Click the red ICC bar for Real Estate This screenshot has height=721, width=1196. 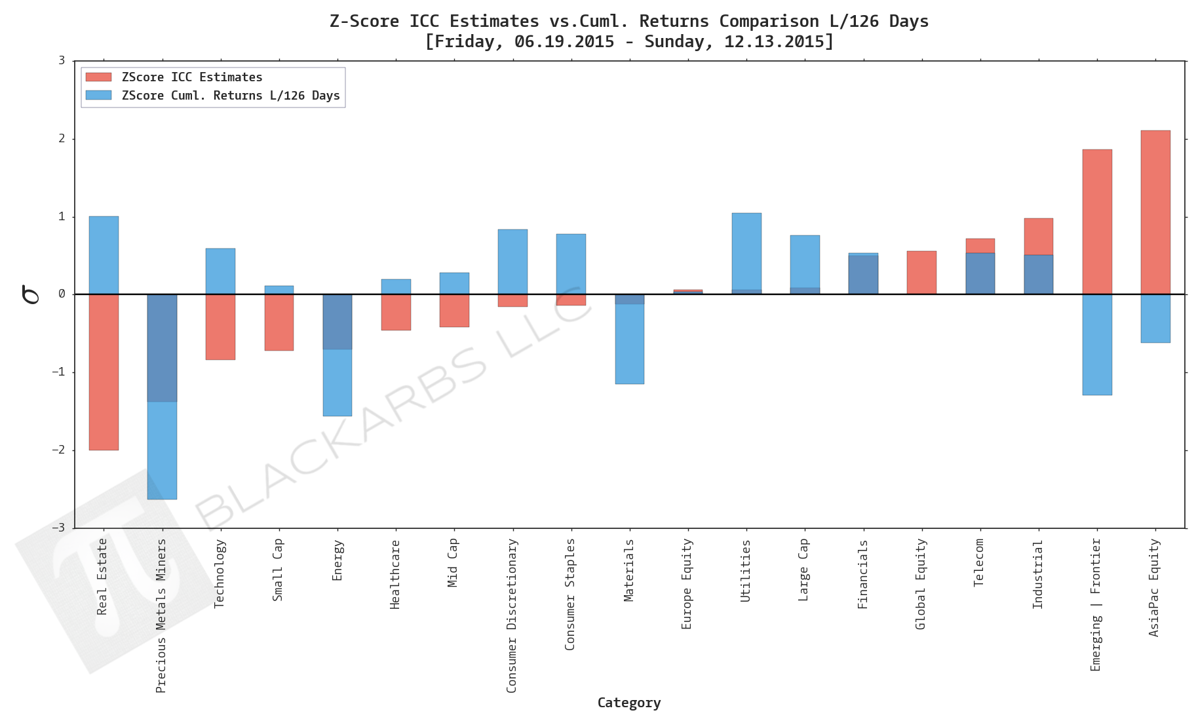pos(104,372)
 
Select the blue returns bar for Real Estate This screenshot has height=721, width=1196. pos(104,255)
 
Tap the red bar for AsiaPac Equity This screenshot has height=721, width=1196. pos(1155,212)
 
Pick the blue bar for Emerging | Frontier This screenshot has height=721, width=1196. pos(1096,345)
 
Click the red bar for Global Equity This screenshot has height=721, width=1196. pos(921,273)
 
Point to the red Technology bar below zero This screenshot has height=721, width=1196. pos(220,326)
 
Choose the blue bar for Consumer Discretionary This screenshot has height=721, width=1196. pos(512,262)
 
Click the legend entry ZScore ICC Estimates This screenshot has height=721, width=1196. pos(191,77)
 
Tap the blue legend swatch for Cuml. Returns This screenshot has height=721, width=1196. pos(98,96)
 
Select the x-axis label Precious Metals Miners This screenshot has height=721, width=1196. pos(161,615)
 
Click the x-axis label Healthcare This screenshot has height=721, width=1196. pos(395,574)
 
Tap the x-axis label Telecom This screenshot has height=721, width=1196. pos(979,562)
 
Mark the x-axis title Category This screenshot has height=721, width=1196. pos(628,703)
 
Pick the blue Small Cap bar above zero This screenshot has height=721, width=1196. pos(279,290)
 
